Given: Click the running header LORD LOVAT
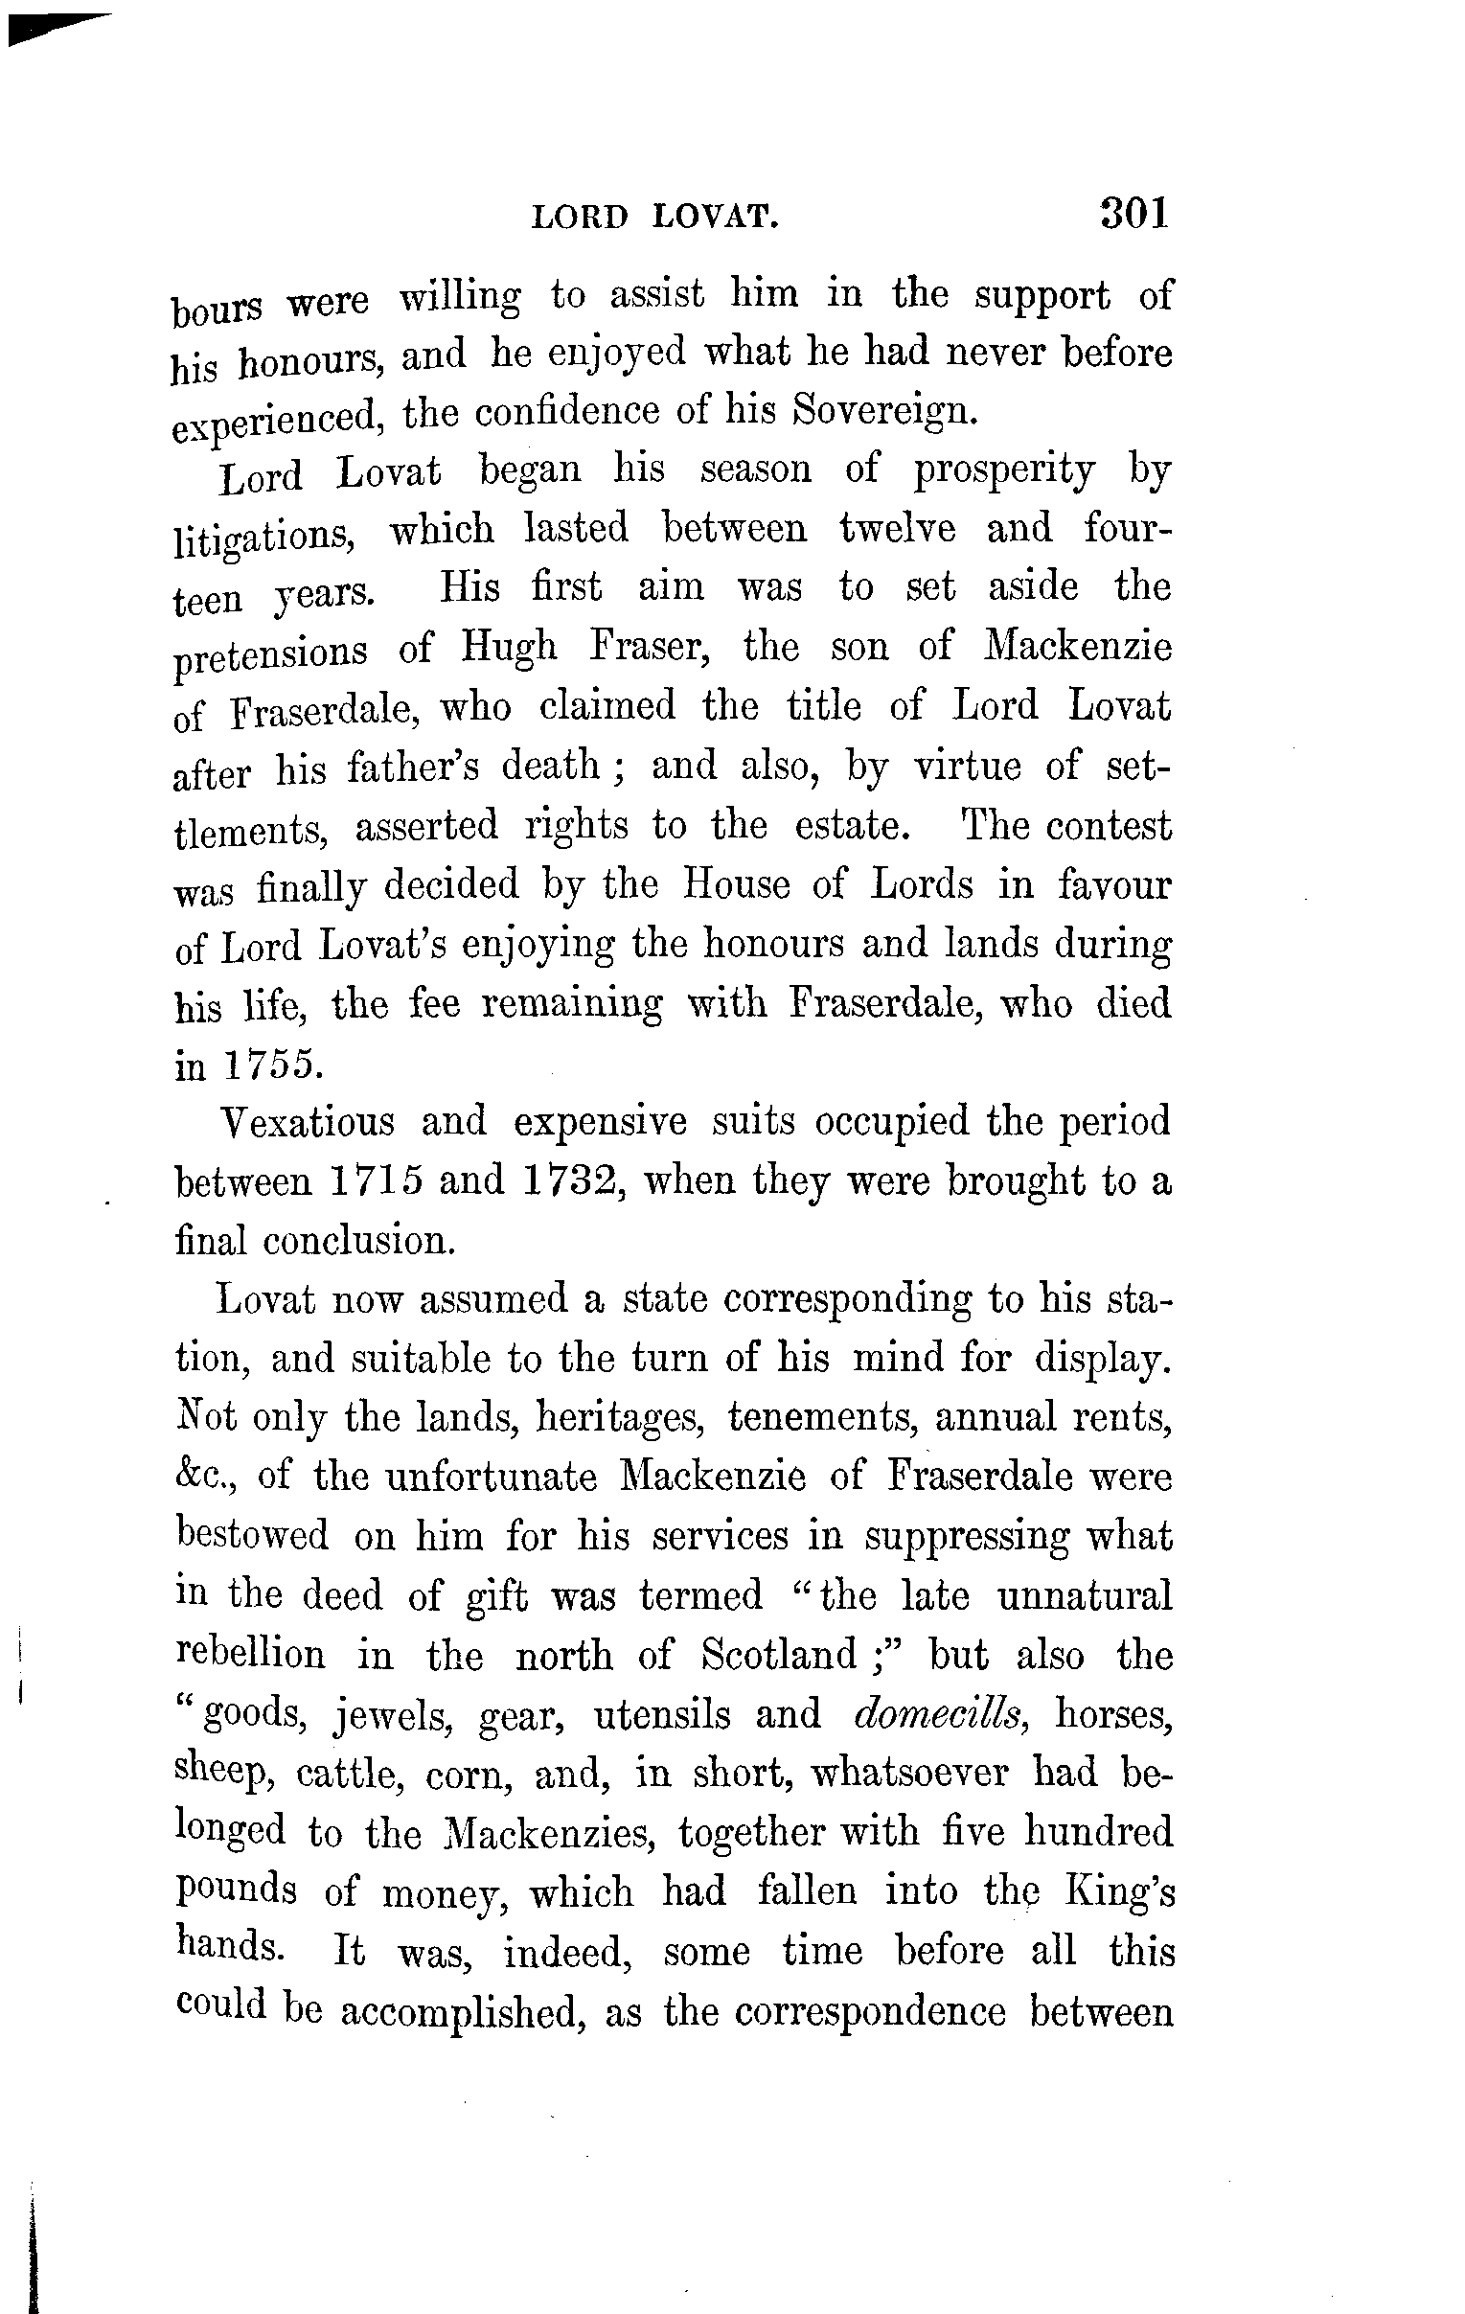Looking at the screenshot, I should click(654, 218).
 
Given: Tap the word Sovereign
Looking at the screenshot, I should click(873, 411).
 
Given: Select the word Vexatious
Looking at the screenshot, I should click(308, 1121).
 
